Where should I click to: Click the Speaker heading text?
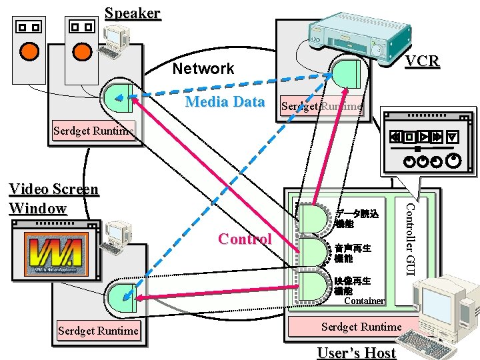[x=133, y=13]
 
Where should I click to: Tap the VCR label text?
[x=423, y=61]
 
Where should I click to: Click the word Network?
[x=203, y=69]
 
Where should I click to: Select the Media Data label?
[x=225, y=102]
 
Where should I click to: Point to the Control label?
[x=245, y=239]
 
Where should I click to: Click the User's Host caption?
[x=356, y=353]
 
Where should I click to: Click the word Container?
[x=364, y=301]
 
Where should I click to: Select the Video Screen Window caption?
[x=53, y=199]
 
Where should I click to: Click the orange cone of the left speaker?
[x=29, y=51]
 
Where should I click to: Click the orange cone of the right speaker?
[x=81, y=51]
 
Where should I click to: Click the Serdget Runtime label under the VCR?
[x=322, y=106]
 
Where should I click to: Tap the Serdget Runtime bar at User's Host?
[x=361, y=327]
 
